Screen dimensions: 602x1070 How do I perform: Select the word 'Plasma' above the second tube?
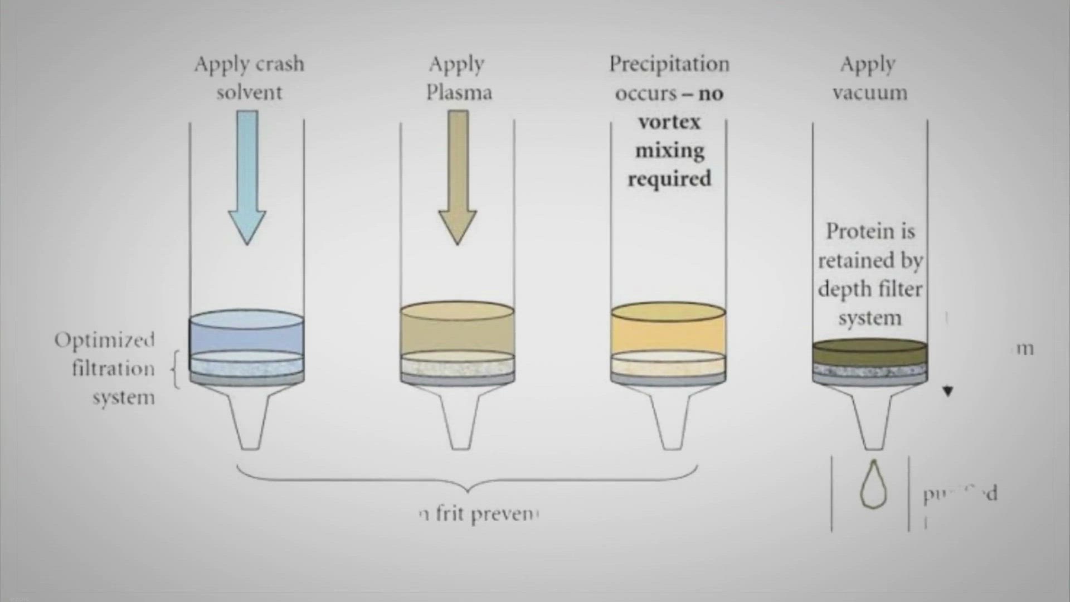459,93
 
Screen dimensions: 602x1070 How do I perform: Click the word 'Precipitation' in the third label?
669,64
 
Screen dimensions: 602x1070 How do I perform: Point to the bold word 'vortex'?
669,122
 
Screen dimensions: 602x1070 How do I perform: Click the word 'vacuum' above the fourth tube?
869,93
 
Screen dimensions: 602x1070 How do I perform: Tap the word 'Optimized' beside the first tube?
104,340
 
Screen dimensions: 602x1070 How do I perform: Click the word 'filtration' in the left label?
113,368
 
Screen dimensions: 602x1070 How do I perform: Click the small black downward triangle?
948,391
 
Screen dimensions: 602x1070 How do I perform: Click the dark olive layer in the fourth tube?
869,353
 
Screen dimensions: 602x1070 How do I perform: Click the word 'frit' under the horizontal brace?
449,513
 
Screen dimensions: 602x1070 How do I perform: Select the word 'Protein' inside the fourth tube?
869,231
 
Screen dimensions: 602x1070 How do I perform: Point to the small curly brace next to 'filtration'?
176,368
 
